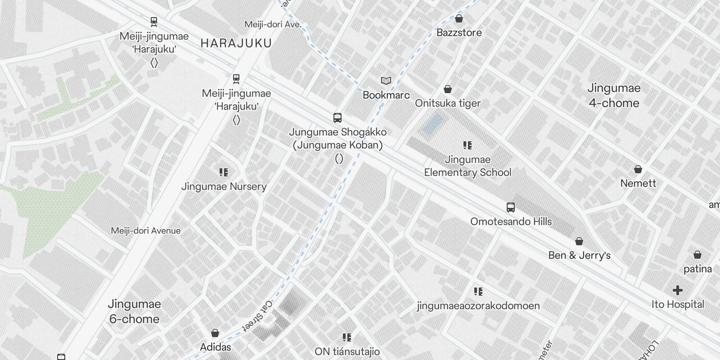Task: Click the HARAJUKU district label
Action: (236, 43)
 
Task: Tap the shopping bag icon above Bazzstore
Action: (459, 18)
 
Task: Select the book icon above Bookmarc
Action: (386, 81)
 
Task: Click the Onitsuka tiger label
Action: (448, 103)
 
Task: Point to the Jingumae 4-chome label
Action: (614, 95)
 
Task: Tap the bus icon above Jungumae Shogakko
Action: (337, 118)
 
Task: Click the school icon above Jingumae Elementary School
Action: (468, 145)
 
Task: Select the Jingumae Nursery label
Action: (224, 186)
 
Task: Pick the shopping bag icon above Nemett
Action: (638, 170)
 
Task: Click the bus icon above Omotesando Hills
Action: (510, 207)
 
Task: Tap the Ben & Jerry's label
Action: (579, 255)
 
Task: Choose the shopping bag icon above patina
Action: (697, 255)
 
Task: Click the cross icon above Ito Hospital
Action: (678, 290)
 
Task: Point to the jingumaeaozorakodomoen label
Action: (478, 306)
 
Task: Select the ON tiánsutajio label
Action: (347, 351)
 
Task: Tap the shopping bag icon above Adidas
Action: (215, 333)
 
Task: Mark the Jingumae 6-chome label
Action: (134, 311)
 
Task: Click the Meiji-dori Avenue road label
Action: (146, 231)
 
